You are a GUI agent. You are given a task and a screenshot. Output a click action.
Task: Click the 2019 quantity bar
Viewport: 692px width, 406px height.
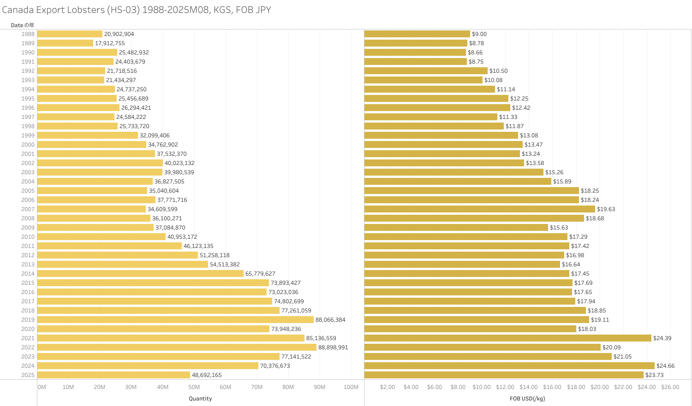[x=175, y=320]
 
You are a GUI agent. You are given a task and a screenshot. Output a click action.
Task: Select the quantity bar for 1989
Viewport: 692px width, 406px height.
[x=65, y=43]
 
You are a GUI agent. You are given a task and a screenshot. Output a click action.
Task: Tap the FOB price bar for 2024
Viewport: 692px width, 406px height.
[x=509, y=366]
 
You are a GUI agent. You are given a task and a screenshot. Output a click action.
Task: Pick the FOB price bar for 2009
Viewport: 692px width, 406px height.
[x=456, y=228]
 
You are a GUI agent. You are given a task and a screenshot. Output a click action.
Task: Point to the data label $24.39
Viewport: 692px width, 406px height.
[x=662, y=338]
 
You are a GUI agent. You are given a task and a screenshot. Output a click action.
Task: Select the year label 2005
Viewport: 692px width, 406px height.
[x=28, y=191]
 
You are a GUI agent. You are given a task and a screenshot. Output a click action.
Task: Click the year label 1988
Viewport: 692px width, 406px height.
[x=28, y=34]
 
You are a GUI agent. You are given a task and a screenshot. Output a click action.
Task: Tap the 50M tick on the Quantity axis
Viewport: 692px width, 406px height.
[x=194, y=387]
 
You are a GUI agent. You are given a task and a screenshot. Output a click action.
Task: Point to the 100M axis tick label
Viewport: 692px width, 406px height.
[x=351, y=387]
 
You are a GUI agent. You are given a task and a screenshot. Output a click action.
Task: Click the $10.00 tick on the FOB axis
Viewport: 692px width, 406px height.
[x=482, y=387]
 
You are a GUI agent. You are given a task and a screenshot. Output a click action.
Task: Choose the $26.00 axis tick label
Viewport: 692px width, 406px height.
[x=670, y=387]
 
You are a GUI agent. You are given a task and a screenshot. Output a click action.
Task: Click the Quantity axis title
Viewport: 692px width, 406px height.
[x=200, y=399]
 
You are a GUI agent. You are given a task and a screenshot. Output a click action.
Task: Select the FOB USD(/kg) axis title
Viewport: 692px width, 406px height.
[x=527, y=399]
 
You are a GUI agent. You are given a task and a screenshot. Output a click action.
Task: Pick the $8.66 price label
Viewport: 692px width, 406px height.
[x=475, y=53]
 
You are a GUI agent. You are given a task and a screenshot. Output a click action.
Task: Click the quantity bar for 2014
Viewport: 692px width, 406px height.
[x=140, y=274]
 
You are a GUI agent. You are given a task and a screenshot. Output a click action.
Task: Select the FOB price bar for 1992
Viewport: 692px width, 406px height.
[x=426, y=71]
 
